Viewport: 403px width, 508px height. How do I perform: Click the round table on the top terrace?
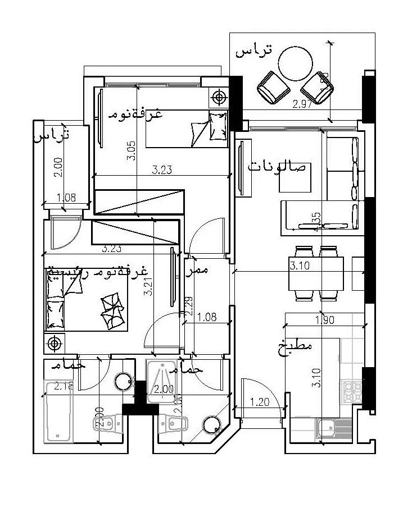(x=296, y=63)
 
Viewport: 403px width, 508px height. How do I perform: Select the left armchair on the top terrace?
(x=274, y=88)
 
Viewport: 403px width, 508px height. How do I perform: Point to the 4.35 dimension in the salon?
(x=318, y=221)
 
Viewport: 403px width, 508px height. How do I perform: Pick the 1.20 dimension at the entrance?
(x=259, y=402)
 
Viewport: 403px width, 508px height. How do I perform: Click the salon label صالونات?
(x=278, y=167)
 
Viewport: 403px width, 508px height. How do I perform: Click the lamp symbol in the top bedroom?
(x=219, y=97)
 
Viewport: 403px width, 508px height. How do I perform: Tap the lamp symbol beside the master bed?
(x=54, y=342)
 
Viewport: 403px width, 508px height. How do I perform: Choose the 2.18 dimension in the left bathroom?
(x=65, y=386)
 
